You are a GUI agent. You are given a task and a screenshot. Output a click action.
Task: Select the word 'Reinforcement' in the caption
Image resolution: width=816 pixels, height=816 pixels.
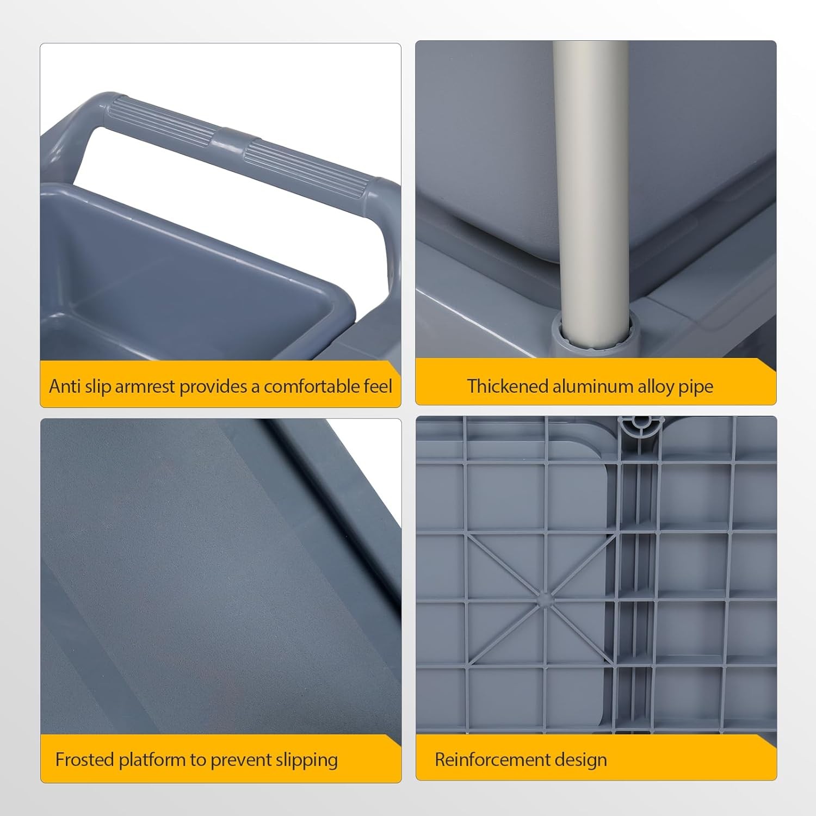point(488,759)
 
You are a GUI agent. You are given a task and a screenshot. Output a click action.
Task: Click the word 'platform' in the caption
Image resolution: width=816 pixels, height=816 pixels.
point(152,761)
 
